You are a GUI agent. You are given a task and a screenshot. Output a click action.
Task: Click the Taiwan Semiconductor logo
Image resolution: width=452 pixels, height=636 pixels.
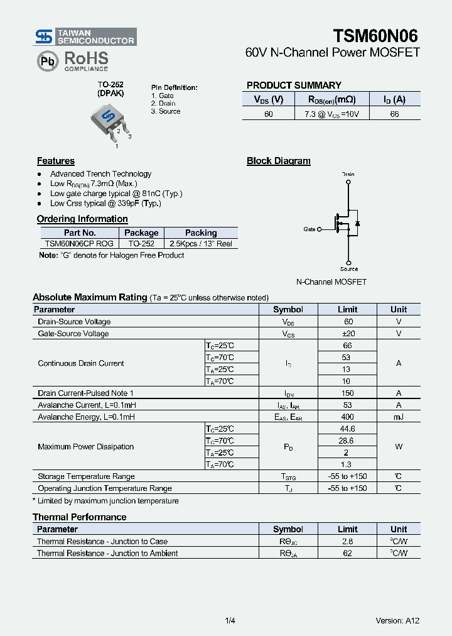tap(85, 36)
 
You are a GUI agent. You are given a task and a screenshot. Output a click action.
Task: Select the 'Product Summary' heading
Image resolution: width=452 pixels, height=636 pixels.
tap(294, 85)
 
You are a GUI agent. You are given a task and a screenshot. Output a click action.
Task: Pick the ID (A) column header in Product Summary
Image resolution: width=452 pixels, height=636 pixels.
tap(394, 99)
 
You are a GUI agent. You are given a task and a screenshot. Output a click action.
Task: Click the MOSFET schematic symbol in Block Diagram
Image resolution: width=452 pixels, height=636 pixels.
tap(347, 224)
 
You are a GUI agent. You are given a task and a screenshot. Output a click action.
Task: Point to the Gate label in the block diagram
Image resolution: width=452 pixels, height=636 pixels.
tap(309, 229)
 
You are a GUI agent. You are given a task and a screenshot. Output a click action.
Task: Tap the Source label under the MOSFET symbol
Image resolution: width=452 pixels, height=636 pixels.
tap(349, 269)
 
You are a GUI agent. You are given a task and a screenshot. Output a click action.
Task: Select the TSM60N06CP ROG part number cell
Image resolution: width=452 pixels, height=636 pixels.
tap(80, 244)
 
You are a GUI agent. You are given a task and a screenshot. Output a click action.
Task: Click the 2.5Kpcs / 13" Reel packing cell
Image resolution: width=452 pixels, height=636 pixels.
tap(200, 244)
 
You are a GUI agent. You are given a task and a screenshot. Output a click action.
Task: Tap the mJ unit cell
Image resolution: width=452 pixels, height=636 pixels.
tap(398, 417)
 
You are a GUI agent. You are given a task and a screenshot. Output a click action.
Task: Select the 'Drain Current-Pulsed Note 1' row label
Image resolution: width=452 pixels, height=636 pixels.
tap(85, 393)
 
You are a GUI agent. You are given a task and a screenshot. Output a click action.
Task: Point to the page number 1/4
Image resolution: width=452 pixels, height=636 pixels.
tap(230, 620)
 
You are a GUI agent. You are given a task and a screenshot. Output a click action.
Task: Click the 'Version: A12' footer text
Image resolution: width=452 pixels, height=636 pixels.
tap(397, 620)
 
